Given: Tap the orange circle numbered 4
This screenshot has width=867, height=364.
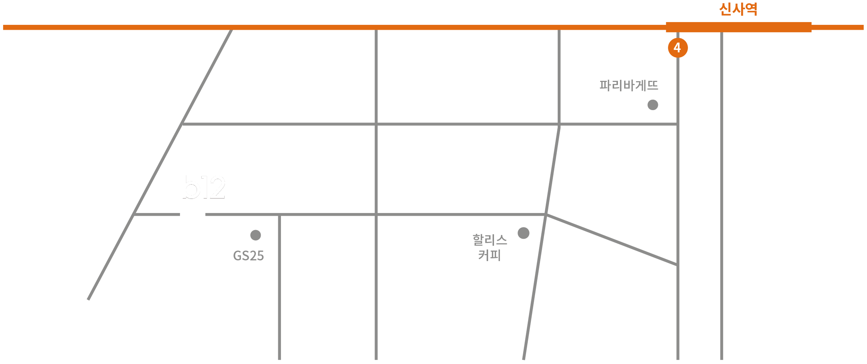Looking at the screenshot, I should [678, 48].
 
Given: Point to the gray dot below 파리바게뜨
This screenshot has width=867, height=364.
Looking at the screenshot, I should [653, 105].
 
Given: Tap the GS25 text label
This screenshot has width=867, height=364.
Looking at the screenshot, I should [248, 256].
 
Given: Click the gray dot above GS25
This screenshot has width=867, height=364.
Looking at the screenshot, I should [255, 235].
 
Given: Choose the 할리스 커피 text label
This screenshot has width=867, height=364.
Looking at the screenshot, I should [490, 247].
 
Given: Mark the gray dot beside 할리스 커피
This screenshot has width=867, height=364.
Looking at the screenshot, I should [523, 233].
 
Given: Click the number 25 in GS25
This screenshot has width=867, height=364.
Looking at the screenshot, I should [257, 256].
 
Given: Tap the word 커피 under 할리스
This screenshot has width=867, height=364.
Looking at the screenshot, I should [490, 255].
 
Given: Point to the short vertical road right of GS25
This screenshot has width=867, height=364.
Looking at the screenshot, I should [279, 286].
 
